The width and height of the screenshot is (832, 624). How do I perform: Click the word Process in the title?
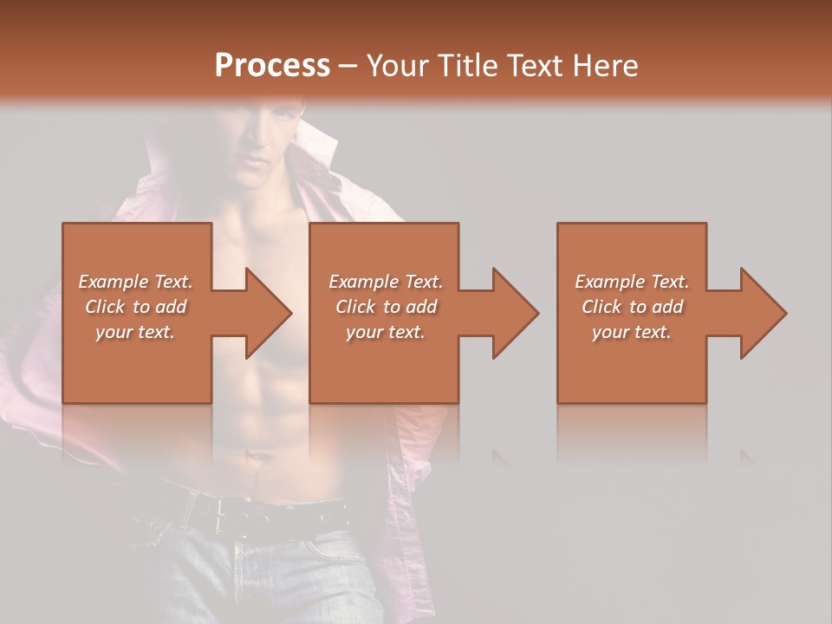[272, 66]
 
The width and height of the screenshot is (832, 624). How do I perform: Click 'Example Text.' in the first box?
[135, 282]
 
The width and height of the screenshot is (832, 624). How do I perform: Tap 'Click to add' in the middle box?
[386, 307]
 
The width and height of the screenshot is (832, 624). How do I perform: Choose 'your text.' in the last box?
[631, 332]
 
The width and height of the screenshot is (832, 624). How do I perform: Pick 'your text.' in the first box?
[135, 332]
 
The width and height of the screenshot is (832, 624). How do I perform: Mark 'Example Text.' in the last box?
[632, 282]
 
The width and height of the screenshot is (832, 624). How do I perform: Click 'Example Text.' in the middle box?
[386, 282]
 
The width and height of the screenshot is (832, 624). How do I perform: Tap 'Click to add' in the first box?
[135, 307]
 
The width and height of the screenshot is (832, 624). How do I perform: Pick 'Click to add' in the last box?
[632, 307]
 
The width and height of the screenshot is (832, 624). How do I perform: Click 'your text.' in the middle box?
[385, 332]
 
